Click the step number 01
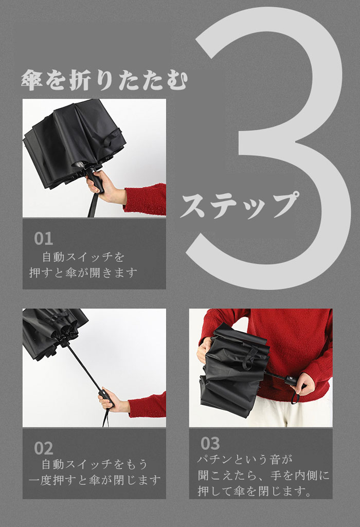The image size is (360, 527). [x=43, y=239]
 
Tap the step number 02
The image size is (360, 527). [x=43, y=448]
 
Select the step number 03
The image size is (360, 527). [x=210, y=443]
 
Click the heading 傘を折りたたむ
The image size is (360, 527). [x=104, y=80]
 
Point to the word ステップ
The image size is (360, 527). [x=239, y=204]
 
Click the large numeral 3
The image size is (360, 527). [x=269, y=148]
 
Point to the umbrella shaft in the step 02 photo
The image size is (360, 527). [x=84, y=366]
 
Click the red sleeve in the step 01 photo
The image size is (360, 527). [x=146, y=199]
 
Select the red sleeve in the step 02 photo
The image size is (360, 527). [x=147, y=405]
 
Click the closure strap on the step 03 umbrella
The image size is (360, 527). [x=249, y=356]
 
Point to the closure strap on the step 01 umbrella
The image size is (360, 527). [x=112, y=137]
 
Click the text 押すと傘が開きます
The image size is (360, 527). [x=84, y=272]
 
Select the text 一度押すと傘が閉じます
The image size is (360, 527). [x=95, y=480]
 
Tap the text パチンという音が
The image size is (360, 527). [x=245, y=459]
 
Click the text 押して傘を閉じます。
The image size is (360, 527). [x=255, y=491]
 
